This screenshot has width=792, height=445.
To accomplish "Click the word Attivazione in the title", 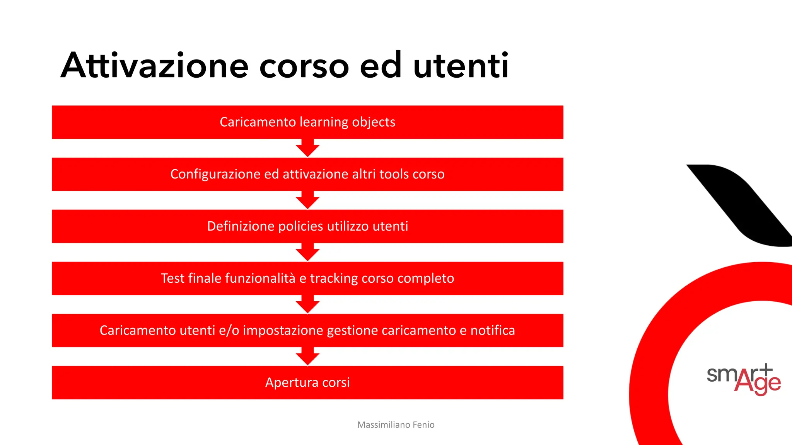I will (x=154, y=66).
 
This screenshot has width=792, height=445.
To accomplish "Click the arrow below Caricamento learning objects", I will (x=307, y=149).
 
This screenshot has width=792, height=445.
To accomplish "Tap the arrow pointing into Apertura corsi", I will (x=307, y=357).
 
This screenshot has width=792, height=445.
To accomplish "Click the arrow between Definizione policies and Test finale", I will (x=307, y=253).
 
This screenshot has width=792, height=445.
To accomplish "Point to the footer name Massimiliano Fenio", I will (x=396, y=425).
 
